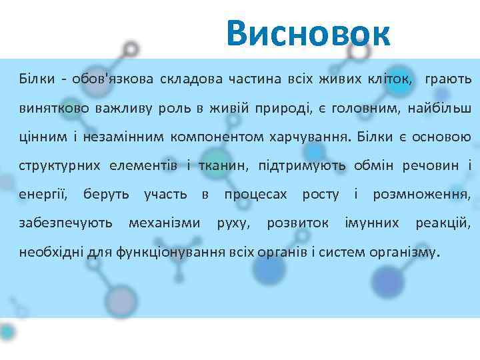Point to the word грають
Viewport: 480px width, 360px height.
coord(447,79)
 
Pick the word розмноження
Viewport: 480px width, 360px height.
coord(421,195)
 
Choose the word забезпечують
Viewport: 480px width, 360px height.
coord(65,223)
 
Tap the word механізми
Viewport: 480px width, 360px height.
coord(163,223)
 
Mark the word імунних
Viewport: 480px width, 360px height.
coord(371,223)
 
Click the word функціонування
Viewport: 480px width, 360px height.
coord(171,252)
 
